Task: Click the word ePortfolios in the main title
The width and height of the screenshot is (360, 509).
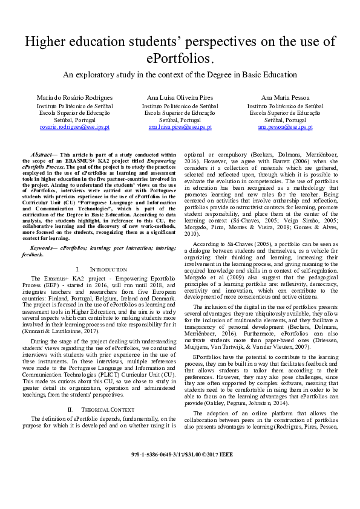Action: [180, 59]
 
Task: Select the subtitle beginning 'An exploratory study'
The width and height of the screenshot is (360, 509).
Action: [180, 75]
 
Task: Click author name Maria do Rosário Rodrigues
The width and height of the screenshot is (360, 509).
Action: [75, 97]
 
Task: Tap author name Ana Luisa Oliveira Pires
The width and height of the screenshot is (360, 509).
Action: [180, 97]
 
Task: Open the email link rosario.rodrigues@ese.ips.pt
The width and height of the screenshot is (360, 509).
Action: [75, 128]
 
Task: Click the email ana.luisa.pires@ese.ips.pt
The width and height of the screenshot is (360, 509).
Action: [180, 128]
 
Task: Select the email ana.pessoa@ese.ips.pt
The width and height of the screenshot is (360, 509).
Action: [285, 128]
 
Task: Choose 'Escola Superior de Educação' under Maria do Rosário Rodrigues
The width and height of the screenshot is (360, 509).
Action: [75, 112]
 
